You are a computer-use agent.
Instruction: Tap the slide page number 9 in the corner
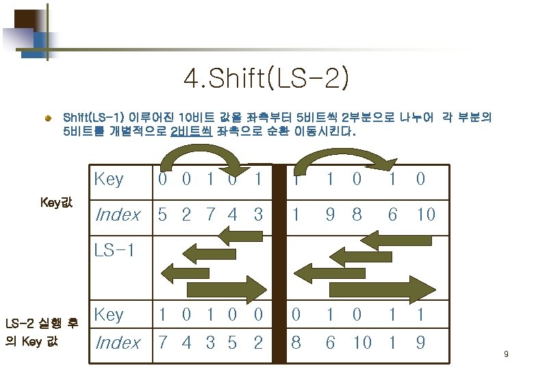pyautogui.click(x=505, y=354)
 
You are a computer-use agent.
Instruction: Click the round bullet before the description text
pyautogui.click(x=49, y=119)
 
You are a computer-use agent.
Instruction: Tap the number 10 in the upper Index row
pyautogui.click(x=425, y=214)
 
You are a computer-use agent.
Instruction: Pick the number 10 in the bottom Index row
pyautogui.click(x=361, y=342)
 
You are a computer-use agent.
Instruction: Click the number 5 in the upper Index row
pyautogui.click(x=162, y=214)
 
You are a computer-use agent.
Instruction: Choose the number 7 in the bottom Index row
pyautogui.click(x=162, y=342)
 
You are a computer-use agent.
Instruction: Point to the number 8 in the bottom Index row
pyautogui.click(x=295, y=342)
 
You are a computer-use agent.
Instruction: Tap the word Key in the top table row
pyautogui.click(x=109, y=180)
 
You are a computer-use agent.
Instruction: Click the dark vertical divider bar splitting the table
pyautogui.click(x=279, y=264)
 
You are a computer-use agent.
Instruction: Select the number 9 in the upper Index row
pyautogui.click(x=331, y=214)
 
